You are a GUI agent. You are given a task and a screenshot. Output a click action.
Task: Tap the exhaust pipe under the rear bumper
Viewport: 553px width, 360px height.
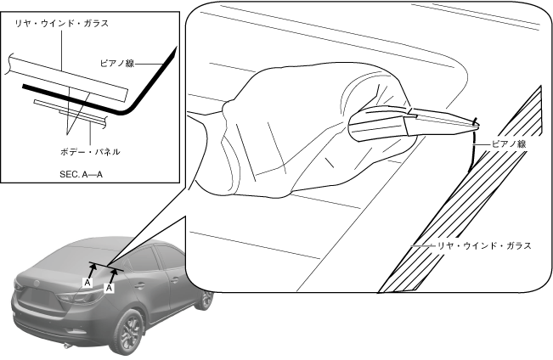[x=67, y=346]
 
